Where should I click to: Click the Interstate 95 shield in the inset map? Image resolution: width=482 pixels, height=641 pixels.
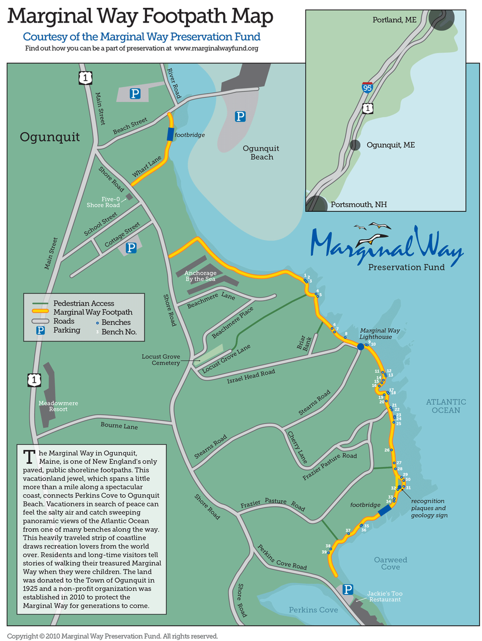tap(367, 87)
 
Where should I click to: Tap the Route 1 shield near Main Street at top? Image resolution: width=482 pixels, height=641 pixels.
tap(85, 77)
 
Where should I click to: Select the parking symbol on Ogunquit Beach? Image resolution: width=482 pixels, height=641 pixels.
tap(240, 116)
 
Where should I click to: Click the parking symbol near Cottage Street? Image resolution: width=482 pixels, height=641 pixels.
tap(131, 247)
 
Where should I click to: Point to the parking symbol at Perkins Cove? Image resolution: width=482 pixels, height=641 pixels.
tap(348, 589)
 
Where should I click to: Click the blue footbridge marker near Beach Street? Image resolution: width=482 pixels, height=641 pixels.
tap(170, 134)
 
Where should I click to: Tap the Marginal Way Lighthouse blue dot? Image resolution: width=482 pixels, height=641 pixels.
tap(361, 346)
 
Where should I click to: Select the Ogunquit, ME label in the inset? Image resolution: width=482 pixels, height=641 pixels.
tap(390, 145)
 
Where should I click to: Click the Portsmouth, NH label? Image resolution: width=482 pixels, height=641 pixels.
tap(359, 205)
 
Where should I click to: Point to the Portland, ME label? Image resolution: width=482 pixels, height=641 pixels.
tap(394, 20)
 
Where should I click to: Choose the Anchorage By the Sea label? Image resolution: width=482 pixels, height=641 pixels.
tap(201, 276)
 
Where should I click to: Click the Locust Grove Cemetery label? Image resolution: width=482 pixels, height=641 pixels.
tap(161, 360)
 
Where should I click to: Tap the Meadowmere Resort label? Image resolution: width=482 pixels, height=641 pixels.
tap(58, 406)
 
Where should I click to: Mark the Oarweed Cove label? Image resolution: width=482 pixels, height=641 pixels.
tap(390, 563)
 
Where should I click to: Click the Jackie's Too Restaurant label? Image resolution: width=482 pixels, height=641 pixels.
tap(385, 597)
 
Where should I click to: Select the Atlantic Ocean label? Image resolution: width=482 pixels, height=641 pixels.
tap(446, 406)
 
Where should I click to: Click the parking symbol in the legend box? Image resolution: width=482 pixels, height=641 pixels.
tap(40, 330)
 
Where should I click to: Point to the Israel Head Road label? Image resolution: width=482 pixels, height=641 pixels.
tap(251, 377)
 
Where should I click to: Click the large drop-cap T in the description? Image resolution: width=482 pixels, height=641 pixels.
tap(29, 457)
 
